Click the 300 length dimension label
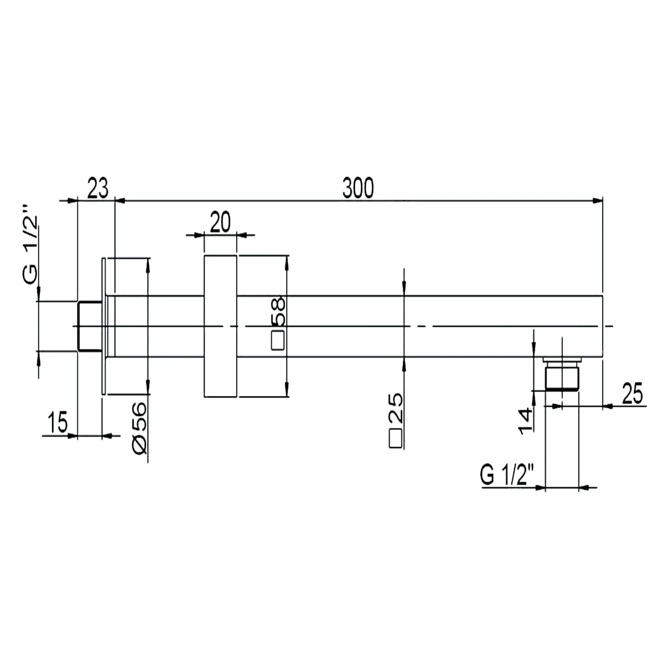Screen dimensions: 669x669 point(358,188)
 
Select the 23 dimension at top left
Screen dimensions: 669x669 point(97,188)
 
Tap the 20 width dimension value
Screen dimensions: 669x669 point(220,222)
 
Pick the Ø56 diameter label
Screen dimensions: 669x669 point(140,428)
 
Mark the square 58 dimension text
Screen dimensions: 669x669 point(278,323)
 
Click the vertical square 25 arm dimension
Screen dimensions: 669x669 point(396,420)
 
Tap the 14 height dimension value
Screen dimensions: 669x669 point(526,421)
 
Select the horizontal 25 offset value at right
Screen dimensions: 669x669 point(632,393)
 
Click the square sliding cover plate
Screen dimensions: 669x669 point(220,326)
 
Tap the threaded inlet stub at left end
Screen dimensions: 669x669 point(90,326)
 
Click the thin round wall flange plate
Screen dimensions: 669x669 point(104,326)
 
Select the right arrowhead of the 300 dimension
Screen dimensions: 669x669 point(598,201)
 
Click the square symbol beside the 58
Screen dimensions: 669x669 point(278,340)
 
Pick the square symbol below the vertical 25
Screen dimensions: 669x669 point(396,438)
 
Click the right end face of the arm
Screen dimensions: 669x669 point(603,326)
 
